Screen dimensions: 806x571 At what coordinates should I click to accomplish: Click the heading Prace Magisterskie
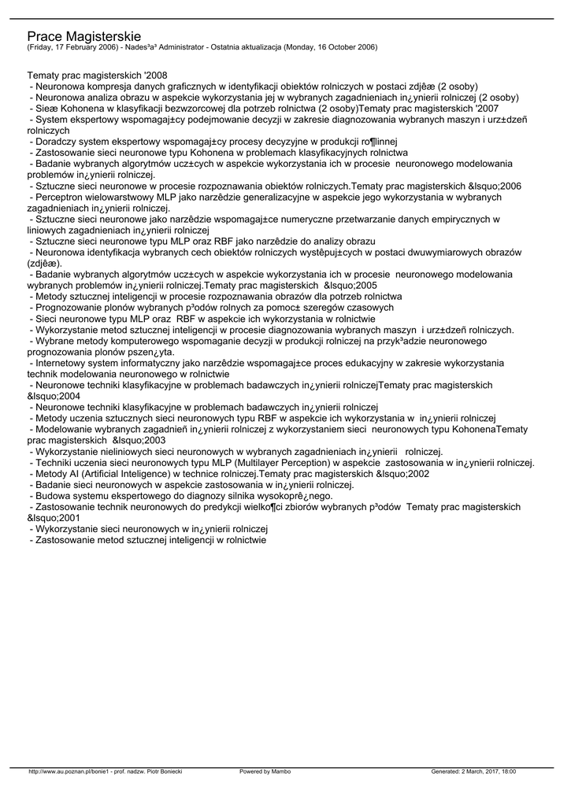tap(83, 36)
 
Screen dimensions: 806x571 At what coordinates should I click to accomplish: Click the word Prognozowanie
tap(69, 307)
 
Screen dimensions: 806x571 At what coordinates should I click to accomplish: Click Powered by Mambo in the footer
tap(265, 771)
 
